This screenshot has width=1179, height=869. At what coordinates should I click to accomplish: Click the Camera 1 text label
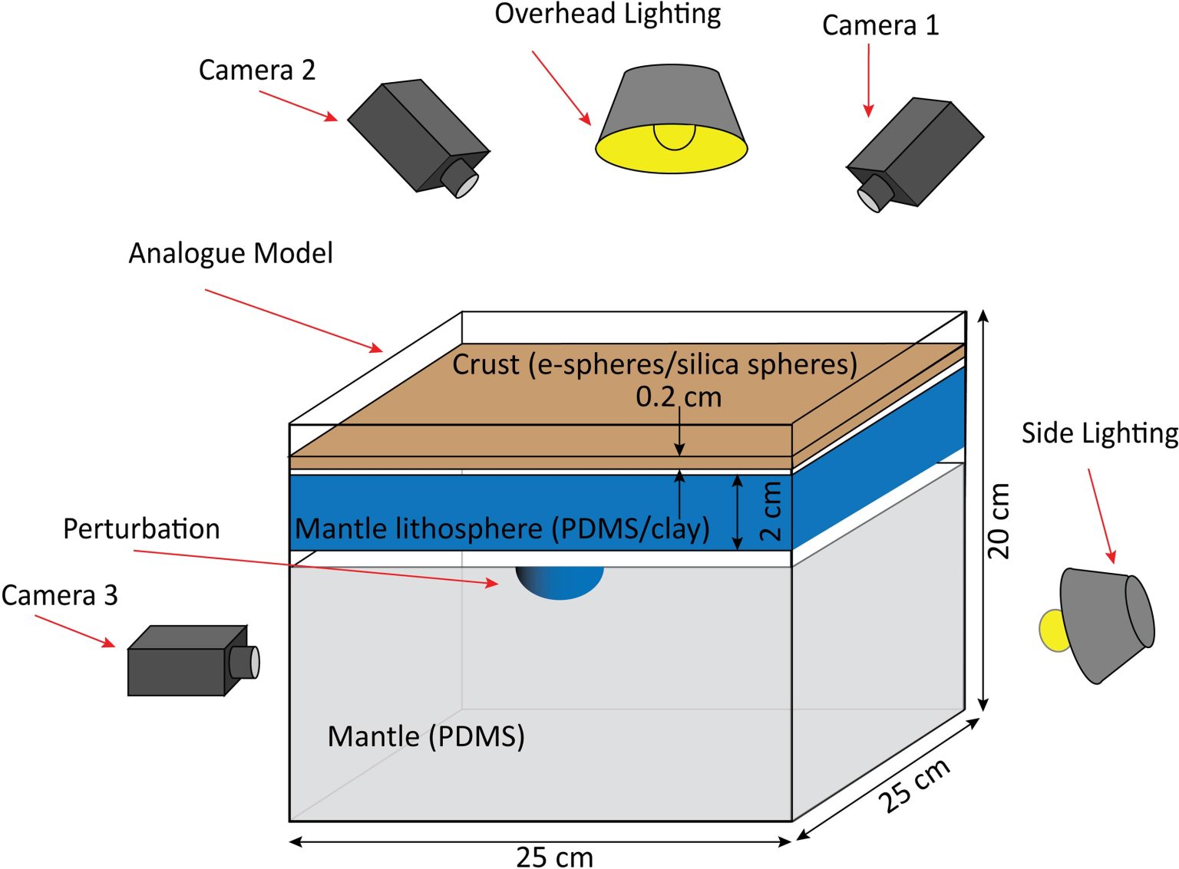pyautogui.click(x=880, y=25)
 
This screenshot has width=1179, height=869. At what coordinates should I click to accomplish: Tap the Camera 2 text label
pyautogui.click(x=256, y=70)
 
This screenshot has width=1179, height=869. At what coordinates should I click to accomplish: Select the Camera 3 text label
pyautogui.click(x=59, y=595)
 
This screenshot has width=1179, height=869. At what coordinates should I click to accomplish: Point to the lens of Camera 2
pyautogui.click(x=461, y=179)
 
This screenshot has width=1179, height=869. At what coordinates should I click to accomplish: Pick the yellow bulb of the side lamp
pyautogui.click(x=1052, y=630)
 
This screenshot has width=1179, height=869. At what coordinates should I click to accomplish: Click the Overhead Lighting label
pyautogui.click(x=607, y=15)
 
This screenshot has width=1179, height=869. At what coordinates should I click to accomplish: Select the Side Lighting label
pyautogui.click(x=1098, y=433)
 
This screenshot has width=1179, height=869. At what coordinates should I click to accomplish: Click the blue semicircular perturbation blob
pyautogui.click(x=560, y=581)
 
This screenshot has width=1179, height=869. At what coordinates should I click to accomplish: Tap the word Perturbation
pyautogui.click(x=141, y=529)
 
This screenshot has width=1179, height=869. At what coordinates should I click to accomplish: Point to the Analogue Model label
pyautogui.click(x=230, y=253)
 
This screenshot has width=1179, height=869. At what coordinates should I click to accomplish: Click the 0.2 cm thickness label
pyautogui.click(x=679, y=397)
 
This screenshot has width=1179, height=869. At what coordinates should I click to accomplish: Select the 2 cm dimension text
pyautogui.click(x=770, y=511)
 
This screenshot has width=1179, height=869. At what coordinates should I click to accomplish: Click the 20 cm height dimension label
pyautogui.click(x=998, y=521)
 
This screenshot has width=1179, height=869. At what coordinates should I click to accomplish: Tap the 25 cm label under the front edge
pyautogui.click(x=554, y=857)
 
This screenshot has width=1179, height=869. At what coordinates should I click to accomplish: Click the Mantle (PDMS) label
pyautogui.click(x=426, y=736)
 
